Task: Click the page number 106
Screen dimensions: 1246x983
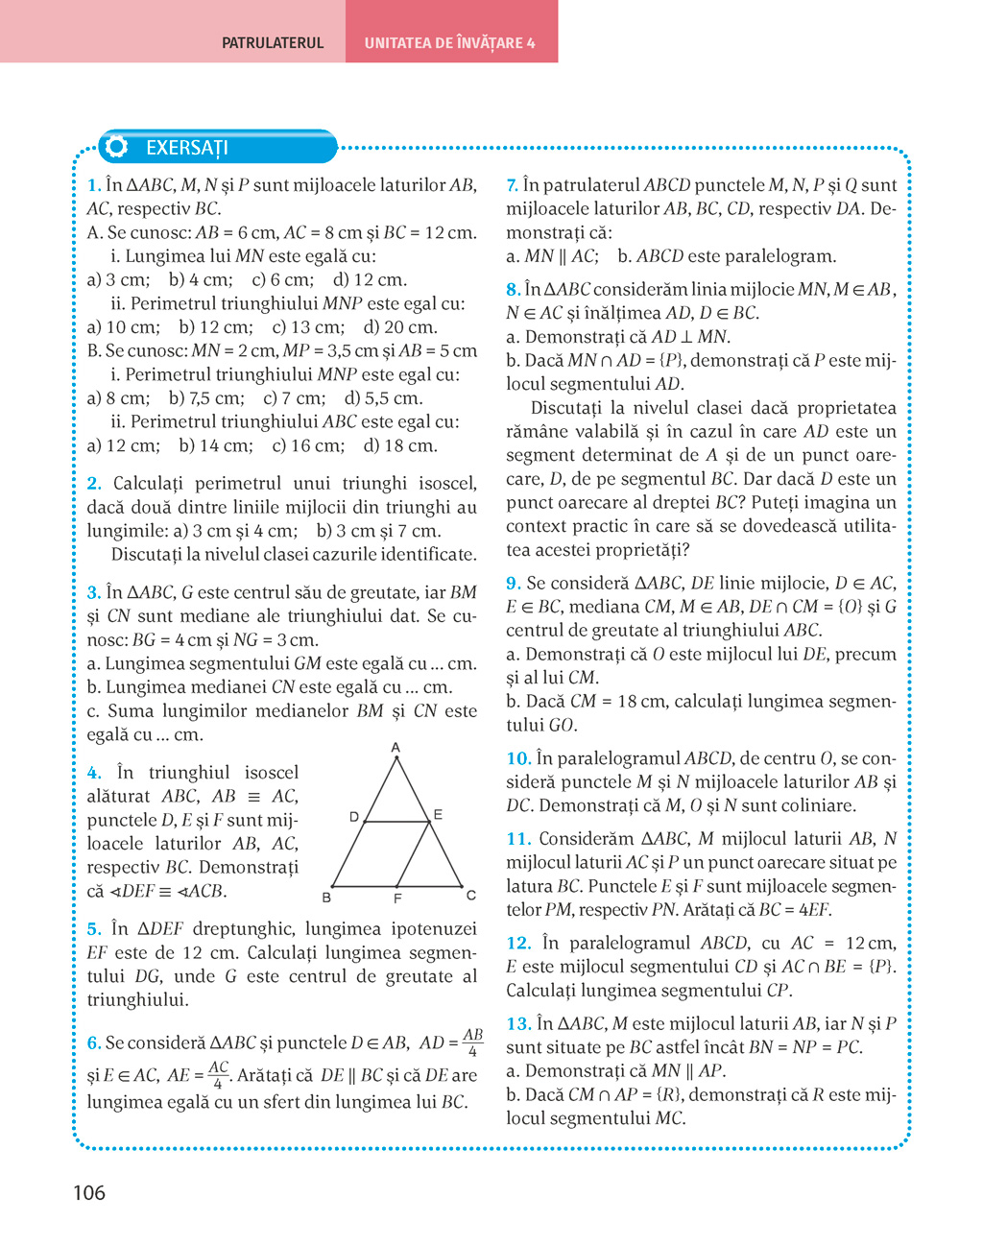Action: pos(89,1193)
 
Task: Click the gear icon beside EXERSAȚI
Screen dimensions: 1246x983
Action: pos(117,147)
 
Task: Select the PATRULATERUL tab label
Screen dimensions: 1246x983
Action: pos(273,43)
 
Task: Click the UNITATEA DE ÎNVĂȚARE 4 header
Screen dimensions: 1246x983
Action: pos(449,43)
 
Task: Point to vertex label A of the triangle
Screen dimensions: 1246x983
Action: pos(396,747)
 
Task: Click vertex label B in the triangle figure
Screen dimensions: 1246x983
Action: pos(326,898)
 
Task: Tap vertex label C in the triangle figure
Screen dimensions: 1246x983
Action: pos(471,896)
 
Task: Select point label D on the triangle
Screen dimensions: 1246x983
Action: pos(354,817)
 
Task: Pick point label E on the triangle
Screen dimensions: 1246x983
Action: pos(438,815)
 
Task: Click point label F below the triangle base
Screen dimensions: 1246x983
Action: pos(397,899)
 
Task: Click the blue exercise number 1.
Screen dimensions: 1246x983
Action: pos(93,185)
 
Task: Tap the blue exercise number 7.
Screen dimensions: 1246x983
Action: pos(513,185)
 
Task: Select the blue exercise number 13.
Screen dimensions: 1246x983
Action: pos(518,1024)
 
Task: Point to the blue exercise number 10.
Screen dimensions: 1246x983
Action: pos(518,758)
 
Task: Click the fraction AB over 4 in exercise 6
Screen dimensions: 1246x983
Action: pos(472,1042)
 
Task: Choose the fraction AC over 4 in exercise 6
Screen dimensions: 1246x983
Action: pos(218,1075)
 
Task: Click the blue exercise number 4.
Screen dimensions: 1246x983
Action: pos(93,773)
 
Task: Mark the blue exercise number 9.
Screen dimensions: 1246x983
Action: pos(514,584)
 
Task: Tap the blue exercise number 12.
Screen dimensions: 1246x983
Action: pos(518,944)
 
